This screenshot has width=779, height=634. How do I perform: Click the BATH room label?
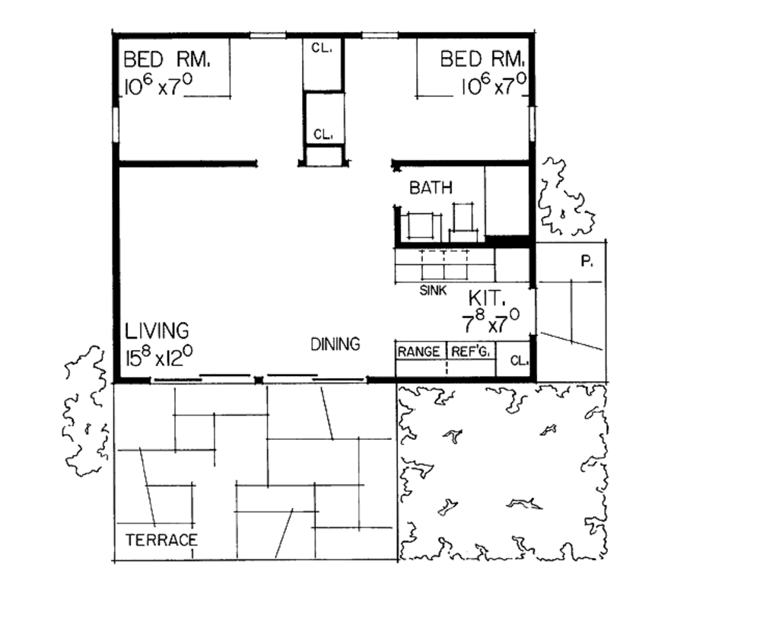pos(431,188)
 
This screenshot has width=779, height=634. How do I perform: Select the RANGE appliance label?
pos(418,352)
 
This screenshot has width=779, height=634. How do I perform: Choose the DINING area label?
pos(335,344)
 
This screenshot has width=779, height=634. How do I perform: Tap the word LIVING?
pos(157,331)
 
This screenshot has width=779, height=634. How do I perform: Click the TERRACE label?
pos(161,540)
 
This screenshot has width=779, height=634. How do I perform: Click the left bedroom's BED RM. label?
pos(166,59)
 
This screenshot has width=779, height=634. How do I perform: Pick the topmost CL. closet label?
pos(320,47)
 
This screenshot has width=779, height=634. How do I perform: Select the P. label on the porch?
pos(587,262)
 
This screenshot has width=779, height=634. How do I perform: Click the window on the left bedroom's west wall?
pos(116,124)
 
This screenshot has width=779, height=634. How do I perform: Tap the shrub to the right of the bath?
pos(564,199)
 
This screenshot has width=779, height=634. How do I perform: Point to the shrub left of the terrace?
pos(85,411)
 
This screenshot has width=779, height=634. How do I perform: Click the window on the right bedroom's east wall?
pos(532,124)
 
